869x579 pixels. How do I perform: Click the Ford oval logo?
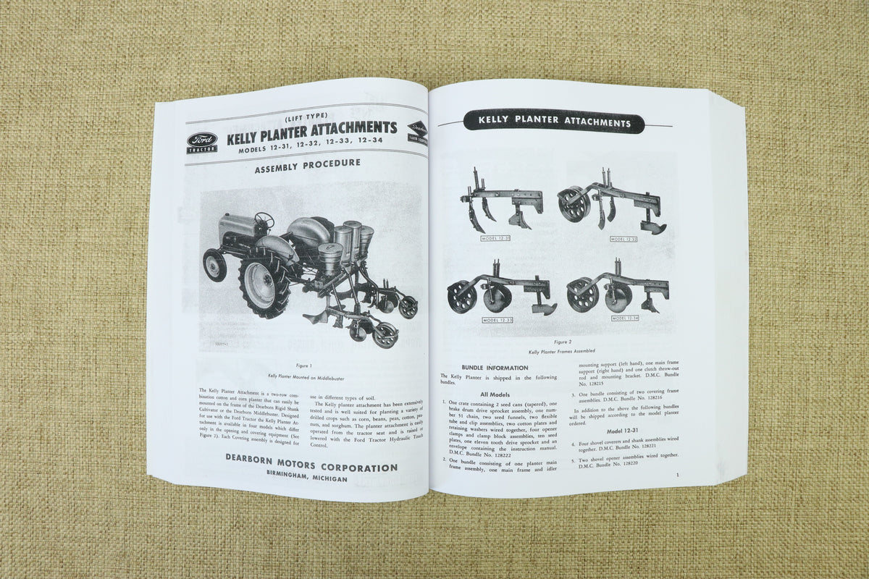pyautogui.click(x=202, y=140)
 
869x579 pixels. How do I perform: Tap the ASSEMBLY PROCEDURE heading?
pyautogui.click(x=307, y=164)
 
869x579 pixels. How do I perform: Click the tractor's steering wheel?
pyautogui.click(x=264, y=219)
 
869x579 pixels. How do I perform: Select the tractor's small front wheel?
pyautogui.click(x=214, y=265)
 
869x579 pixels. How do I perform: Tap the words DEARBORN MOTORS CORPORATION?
pyautogui.click(x=311, y=468)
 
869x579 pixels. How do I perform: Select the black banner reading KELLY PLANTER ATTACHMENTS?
pyautogui.click(x=553, y=122)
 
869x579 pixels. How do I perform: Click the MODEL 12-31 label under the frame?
pyautogui.click(x=495, y=237)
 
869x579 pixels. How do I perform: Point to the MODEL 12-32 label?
pyautogui.click(x=624, y=239)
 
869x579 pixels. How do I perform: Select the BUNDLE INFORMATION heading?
pyautogui.click(x=495, y=368)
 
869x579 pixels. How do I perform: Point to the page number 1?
pyautogui.click(x=676, y=475)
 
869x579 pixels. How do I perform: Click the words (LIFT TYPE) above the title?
pyautogui.click(x=306, y=116)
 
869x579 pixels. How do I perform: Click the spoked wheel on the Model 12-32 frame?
pyautogui.click(x=574, y=204)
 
